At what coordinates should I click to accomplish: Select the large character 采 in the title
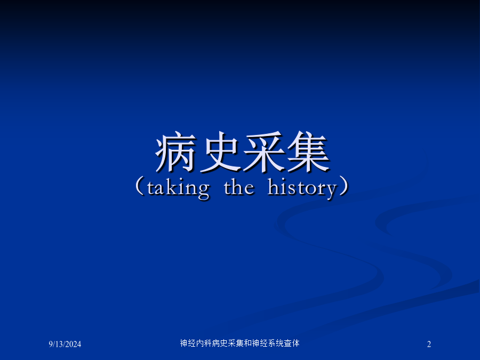click(x=264, y=151)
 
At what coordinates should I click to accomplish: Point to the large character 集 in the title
click(x=308, y=151)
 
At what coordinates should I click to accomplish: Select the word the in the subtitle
click(x=239, y=187)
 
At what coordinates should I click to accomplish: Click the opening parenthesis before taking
click(x=140, y=186)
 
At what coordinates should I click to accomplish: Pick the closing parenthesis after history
click(x=343, y=186)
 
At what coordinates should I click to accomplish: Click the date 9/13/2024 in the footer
click(x=65, y=344)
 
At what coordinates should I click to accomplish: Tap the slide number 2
click(x=429, y=344)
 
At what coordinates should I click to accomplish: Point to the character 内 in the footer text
click(x=200, y=343)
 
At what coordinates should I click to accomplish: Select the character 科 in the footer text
click(x=208, y=343)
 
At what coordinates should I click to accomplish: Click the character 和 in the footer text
click(x=248, y=343)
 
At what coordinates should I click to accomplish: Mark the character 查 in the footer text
click(x=288, y=343)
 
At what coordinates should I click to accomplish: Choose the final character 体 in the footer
click(x=295, y=343)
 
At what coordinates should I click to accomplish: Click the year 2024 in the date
click(x=73, y=344)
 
